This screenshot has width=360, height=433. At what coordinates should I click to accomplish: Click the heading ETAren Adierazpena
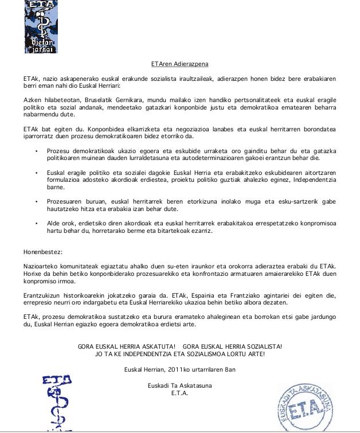pyautogui.click(x=179, y=65)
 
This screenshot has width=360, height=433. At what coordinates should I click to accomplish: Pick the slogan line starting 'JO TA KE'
pyautogui.click(x=179, y=354)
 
